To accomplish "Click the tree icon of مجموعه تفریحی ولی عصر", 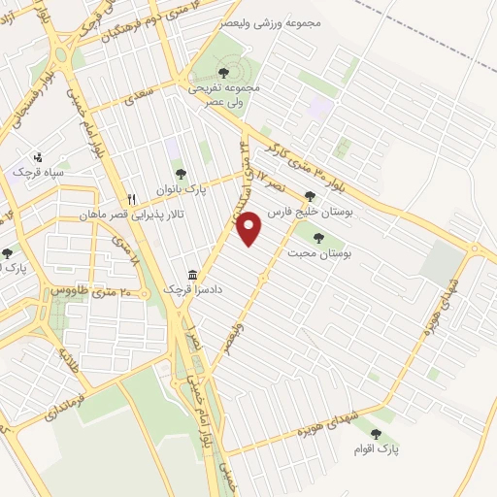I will [224, 70].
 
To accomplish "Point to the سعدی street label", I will [139, 97].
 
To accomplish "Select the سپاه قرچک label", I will [38, 172].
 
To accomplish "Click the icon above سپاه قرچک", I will [38, 157].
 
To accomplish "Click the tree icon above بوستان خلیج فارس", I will [310, 196].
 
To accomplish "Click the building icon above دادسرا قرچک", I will [192, 275].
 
